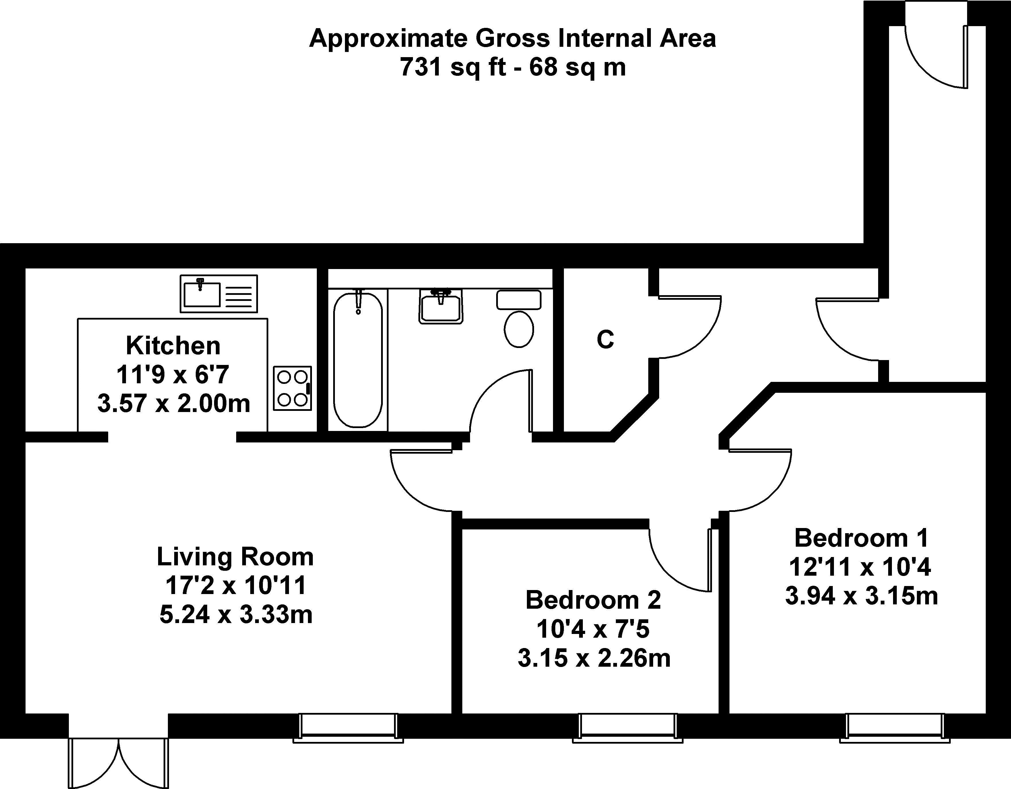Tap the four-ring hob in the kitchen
pyautogui.click(x=292, y=388)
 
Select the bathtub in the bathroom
pyautogui.click(x=358, y=359)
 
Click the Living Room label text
pyautogui.click(x=235, y=556)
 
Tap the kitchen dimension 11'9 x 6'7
pyautogui.click(x=173, y=375)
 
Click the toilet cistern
pyautogui.click(x=519, y=299)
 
